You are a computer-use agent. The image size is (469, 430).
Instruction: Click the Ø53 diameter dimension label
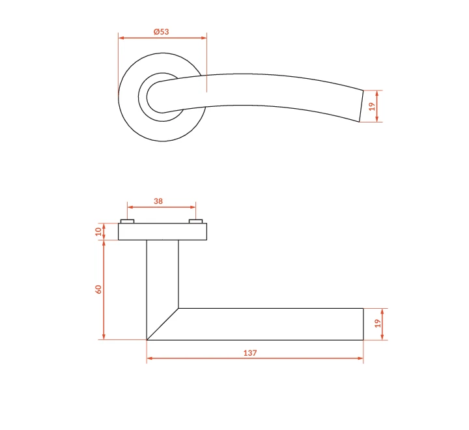162,31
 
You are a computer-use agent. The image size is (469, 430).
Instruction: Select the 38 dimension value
158,201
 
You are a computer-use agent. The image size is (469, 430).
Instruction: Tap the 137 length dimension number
250,353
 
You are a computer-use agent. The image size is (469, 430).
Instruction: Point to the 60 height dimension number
98,289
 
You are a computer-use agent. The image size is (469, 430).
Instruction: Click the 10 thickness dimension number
98,231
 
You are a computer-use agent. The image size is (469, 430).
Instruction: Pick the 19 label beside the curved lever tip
372,106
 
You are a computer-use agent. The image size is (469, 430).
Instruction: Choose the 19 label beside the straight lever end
378,323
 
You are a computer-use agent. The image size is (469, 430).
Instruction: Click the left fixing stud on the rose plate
127,221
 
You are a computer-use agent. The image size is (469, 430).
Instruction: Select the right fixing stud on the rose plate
195,221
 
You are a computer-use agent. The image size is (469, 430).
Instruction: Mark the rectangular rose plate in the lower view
162,231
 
